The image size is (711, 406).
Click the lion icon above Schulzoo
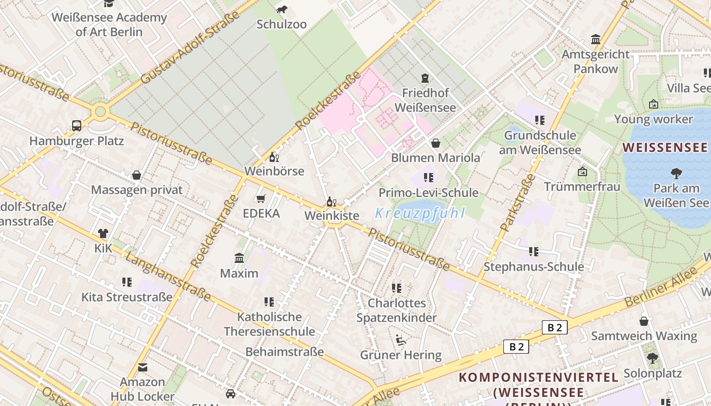point(282,10)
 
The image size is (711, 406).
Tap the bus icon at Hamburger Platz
point(77,125)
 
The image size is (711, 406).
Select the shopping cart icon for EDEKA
point(261,198)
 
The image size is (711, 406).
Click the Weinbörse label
point(274,171)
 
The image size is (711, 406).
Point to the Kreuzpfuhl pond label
point(419,213)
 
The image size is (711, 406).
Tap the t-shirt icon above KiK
point(103,233)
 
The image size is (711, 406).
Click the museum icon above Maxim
point(239,258)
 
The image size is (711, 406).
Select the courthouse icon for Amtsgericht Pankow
point(595,40)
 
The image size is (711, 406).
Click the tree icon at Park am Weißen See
point(676,174)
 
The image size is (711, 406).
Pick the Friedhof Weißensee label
point(425,100)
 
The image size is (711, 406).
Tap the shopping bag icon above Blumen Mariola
point(435,143)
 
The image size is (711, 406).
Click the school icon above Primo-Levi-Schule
point(429,178)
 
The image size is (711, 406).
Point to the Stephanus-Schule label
point(533,266)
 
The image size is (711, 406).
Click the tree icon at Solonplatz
point(653,358)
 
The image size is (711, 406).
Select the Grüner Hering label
point(401,355)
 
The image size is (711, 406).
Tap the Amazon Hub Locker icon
point(143,367)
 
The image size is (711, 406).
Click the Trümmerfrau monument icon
point(583,172)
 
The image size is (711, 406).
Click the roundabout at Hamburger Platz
point(100,111)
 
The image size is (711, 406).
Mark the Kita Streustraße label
point(127,297)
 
